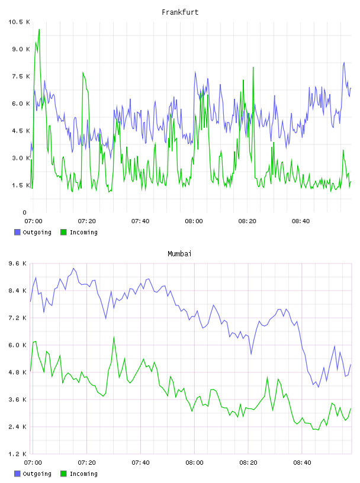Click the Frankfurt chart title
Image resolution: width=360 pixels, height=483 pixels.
coord(180,12)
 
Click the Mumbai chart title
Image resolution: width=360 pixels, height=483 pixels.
coord(179,254)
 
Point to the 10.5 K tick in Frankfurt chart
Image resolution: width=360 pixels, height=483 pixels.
coord(19,22)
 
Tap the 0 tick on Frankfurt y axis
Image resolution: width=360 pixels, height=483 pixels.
coord(25,212)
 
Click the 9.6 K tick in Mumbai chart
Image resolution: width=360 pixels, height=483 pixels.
coord(18,263)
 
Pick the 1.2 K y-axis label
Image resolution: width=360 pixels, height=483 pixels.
coord(18,454)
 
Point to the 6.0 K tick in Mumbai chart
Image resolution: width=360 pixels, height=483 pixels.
coord(18,345)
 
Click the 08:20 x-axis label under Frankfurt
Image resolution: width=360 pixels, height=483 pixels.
coord(247,221)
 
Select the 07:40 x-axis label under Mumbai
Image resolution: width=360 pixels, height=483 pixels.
coord(140,462)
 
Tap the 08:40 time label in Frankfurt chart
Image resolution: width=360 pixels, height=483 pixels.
coord(301,221)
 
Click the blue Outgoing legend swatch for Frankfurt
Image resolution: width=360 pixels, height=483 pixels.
coord(17,232)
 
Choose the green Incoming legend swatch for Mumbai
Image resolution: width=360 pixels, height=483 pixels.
coord(63,474)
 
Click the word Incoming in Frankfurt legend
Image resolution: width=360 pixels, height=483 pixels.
coord(83,233)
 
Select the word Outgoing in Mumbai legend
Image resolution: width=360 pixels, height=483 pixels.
coord(37,474)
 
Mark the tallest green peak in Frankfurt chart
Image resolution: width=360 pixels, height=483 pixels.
coord(39,30)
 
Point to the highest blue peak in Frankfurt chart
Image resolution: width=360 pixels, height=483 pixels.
coord(344,63)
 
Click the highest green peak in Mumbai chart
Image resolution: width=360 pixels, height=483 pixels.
coord(114,337)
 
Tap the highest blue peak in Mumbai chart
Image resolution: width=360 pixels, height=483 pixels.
coord(73,268)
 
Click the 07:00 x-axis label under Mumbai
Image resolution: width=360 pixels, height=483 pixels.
coord(33,462)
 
